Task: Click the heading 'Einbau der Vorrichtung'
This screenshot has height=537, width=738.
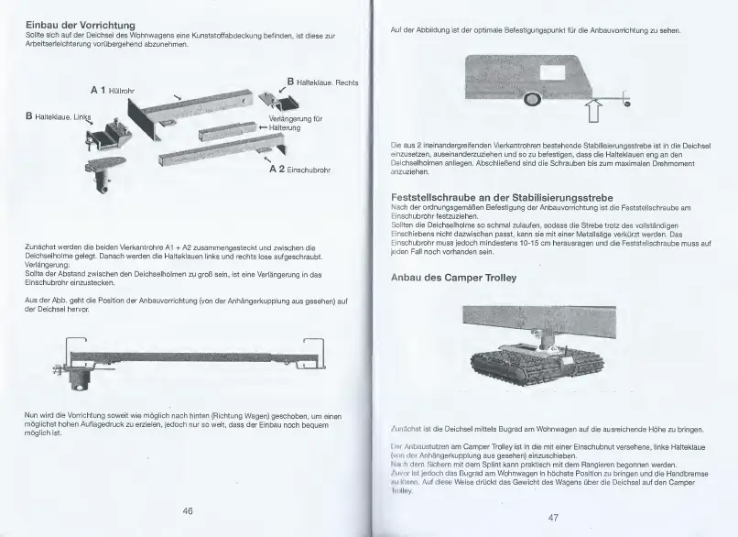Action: tap(81, 22)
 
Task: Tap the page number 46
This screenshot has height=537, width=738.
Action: tap(187, 510)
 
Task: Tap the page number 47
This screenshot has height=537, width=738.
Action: tap(553, 517)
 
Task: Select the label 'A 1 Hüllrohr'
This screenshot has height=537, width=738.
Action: tap(113, 91)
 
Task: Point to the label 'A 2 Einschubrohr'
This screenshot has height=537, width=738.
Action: tap(299, 170)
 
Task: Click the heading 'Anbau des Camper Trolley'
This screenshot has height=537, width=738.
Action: tap(454, 277)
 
